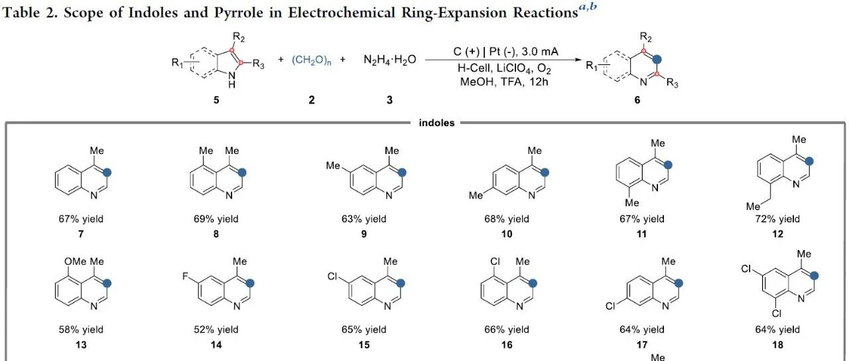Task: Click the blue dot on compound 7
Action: click(107, 173)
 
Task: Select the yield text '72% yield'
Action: click(777, 219)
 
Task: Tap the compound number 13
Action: click(81, 344)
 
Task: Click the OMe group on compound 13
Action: click(75, 261)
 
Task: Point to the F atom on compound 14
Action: click(185, 275)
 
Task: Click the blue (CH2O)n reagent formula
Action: click(312, 60)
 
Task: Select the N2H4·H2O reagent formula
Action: click(389, 60)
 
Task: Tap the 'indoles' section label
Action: click(436, 123)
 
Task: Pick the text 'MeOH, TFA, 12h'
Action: click(504, 82)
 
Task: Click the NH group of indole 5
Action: click(232, 80)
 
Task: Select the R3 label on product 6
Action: click(672, 82)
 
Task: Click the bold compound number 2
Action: click(312, 100)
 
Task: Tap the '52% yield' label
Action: click(216, 330)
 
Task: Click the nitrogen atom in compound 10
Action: click(532, 195)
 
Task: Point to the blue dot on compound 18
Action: click(814, 275)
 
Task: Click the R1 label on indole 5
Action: click(177, 62)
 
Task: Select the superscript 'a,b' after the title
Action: click(588, 7)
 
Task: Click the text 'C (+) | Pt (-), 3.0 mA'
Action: click(505, 52)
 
